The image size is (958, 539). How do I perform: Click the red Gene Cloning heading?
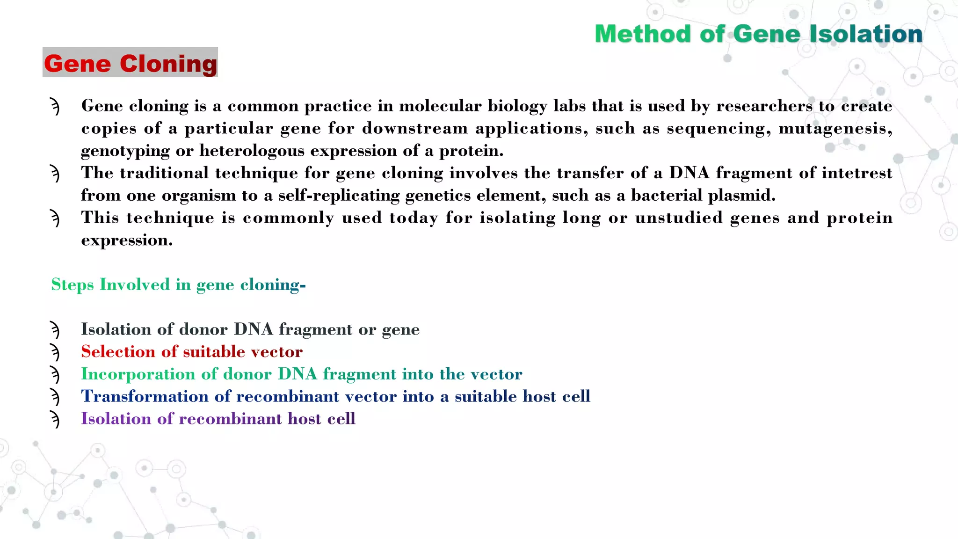click(131, 63)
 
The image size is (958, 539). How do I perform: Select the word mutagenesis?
click(835, 128)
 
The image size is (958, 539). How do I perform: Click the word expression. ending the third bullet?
click(127, 240)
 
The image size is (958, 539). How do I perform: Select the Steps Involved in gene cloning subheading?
click(178, 284)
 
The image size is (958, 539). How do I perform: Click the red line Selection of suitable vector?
click(192, 351)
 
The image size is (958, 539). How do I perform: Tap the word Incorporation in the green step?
click(138, 374)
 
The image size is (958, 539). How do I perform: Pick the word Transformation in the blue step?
click(145, 396)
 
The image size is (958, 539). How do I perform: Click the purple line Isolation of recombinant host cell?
click(218, 419)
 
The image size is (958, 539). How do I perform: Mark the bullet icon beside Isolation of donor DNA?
click(55, 330)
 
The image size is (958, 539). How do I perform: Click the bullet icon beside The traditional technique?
click(55, 174)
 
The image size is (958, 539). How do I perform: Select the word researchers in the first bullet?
click(764, 106)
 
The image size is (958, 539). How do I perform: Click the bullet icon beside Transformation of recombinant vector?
click(55, 397)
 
